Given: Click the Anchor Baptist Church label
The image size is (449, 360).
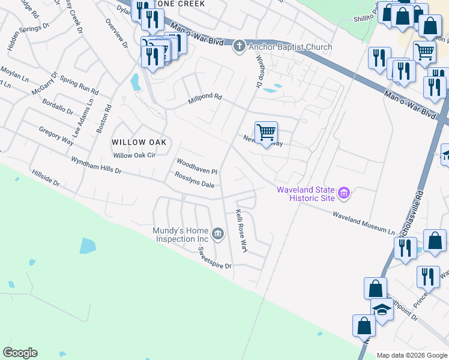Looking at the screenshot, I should pyautogui.click(x=290, y=47).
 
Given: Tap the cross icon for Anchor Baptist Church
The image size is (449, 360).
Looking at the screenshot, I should pyautogui.click(x=239, y=46).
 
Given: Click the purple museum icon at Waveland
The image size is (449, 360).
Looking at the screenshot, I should pyautogui.click(x=344, y=193).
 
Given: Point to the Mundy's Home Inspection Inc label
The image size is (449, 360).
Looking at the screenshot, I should pyautogui.click(x=180, y=235).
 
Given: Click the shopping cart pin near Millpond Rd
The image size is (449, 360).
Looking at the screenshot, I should pyautogui.click(x=266, y=132).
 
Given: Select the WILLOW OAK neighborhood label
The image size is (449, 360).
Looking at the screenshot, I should pyautogui.click(x=139, y=142).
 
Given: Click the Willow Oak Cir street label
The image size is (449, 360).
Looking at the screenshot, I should pyautogui.click(x=134, y=155).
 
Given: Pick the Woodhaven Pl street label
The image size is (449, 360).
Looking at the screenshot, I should pyautogui.click(x=196, y=166).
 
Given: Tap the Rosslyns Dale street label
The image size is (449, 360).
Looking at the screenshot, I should pyautogui.click(x=194, y=179).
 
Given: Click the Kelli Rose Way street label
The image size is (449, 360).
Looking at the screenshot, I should pyautogui.click(x=241, y=230).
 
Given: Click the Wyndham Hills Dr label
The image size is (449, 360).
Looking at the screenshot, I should pyautogui.click(x=96, y=166).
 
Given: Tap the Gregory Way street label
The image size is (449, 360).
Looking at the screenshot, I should pyautogui.click(x=56, y=135).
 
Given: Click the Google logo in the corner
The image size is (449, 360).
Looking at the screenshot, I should pyautogui.click(x=20, y=353).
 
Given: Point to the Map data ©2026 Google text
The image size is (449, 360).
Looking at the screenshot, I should pyautogui.click(x=412, y=355).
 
